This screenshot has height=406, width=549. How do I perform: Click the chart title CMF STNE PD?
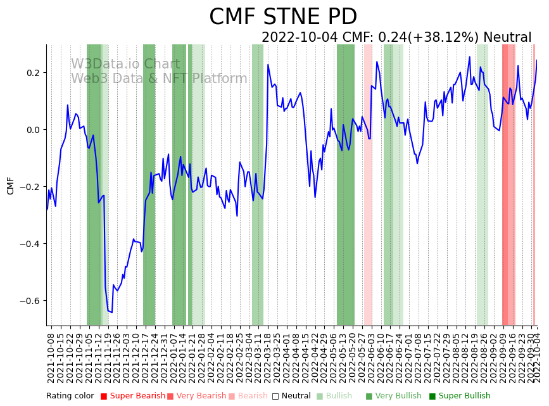tap(282, 17)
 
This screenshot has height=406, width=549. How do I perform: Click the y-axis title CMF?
tap(10, 186)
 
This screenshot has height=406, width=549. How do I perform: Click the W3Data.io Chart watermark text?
tap(125, 64)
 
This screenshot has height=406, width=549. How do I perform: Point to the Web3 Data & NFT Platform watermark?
tap(159, 79)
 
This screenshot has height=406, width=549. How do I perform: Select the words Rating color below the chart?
tap(70, 396)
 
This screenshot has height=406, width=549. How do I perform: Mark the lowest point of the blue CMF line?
tap(112, 312)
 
